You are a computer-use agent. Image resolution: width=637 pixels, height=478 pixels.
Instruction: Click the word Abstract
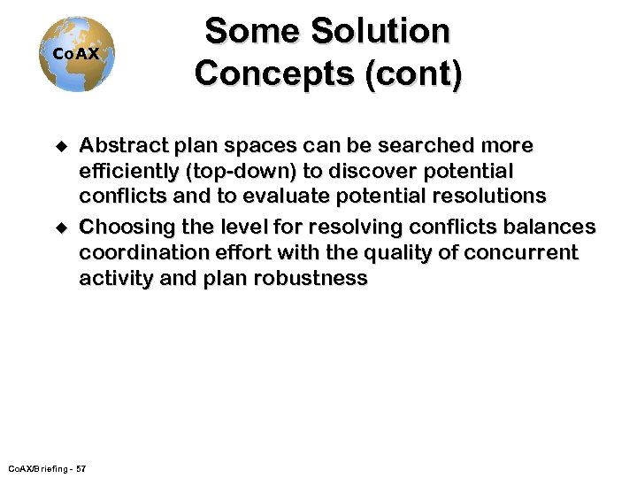pyautogui.click(x=125, y=145)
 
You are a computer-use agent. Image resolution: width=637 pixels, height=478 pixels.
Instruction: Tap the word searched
pyautogui.click(x=426, y=145)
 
